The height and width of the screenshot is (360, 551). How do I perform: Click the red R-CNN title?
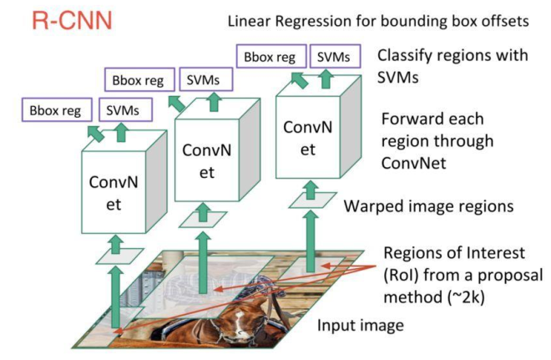tap(72, 20)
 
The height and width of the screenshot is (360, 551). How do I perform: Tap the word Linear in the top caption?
tap(249, 21)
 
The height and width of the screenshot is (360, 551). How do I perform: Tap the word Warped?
tap(372, 206)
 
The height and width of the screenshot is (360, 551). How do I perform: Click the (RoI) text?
tap(401, 276)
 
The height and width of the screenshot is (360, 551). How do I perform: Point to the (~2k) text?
tap(467, 297)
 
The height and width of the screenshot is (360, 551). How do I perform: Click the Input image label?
tap(361, 326)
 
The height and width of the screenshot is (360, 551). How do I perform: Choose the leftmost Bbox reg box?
tap(57, 110)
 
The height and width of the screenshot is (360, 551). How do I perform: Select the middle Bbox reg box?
tap(139, 80)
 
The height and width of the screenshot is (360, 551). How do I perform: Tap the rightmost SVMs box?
tap(335, 56)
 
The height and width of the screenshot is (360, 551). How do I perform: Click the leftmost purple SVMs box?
tap(126, 110)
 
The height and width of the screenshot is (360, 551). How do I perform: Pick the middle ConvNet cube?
tap(217, 150)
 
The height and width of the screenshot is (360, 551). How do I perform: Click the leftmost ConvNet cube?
tap(124, 182)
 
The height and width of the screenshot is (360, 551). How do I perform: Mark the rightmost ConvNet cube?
tap(318, 127)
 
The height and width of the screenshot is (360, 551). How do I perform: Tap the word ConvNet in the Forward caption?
tap(414, 164)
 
